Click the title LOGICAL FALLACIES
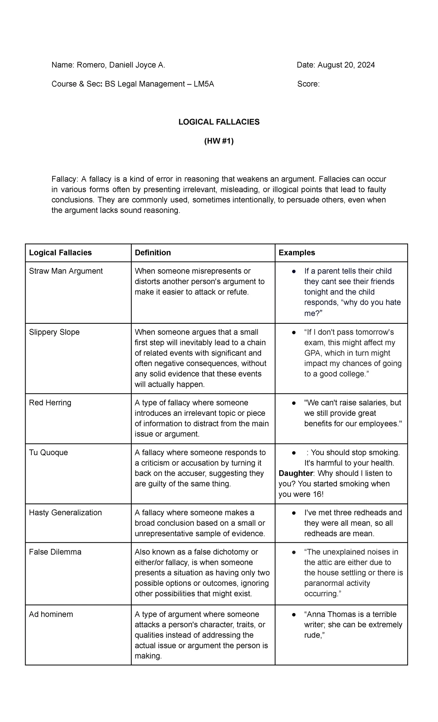click(219, 122)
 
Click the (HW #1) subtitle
click(219, 141)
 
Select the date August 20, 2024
click(346, 65)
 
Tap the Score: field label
click(308, 84)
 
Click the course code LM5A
click(204, 84)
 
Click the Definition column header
click(153, 253)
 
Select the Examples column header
click(296, 253)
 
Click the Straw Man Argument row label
click(66, 271)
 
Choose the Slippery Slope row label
click(54, 332)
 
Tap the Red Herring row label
click(50, 403)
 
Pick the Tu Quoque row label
click(48, 452)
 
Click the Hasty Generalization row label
click(65, 513)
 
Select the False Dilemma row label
click(55, 552)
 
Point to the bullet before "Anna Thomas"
click(293, 615)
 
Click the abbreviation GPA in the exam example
click(312, 353)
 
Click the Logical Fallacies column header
click(60, 253)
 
